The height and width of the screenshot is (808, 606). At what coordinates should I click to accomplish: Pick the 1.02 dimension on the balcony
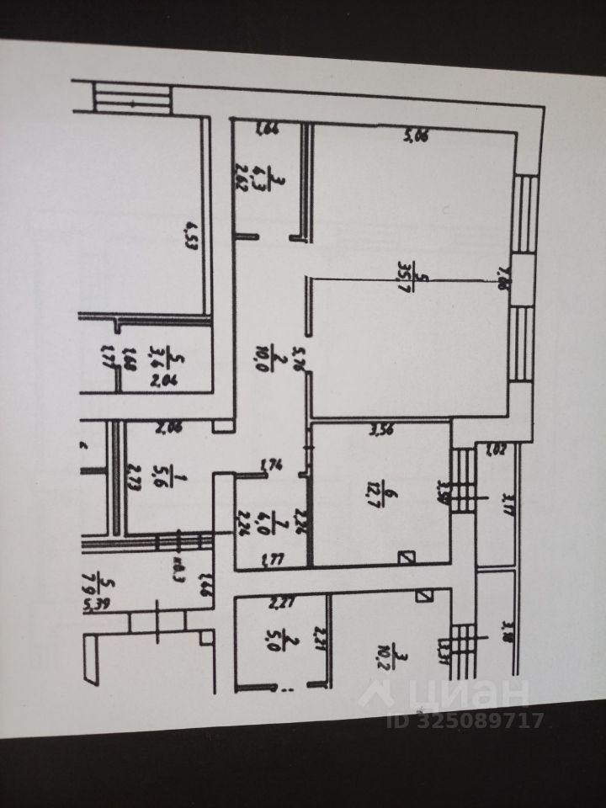coord(495,449)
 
